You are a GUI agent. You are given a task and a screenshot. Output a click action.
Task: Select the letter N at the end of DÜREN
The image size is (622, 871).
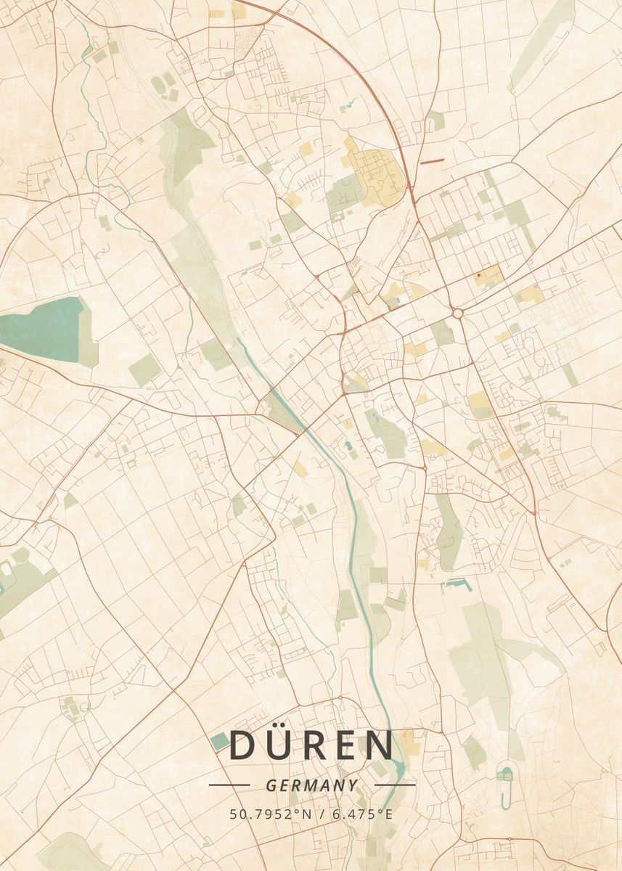click(378, 746)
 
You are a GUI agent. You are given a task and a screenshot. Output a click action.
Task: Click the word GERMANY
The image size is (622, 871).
click(311, 785)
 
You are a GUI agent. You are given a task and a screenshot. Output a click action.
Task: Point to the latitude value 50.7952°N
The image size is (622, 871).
click(270, 814)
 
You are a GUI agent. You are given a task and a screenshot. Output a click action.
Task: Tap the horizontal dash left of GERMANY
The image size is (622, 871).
click(229, 785)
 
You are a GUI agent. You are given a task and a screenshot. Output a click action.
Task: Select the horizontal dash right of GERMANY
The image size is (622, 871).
click(395, 785)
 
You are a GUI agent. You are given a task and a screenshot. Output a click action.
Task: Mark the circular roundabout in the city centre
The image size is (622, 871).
click(458, 313)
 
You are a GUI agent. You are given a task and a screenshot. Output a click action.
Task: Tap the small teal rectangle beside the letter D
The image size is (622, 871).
click(220, 741)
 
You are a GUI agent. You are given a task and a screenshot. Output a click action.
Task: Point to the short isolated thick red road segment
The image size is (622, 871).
click(431, 161)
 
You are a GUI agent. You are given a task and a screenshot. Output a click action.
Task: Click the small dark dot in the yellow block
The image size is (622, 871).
click(478, 276)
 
